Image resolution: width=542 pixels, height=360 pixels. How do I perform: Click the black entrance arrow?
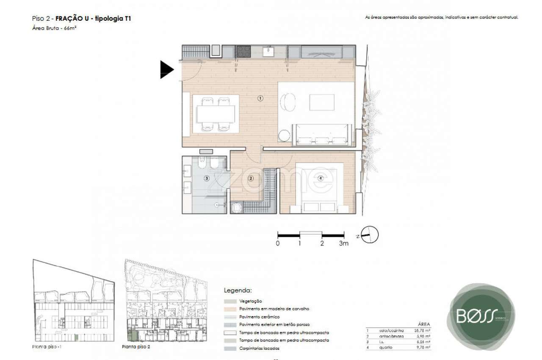[x=166, y=70]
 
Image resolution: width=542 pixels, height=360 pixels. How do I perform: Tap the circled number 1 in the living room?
[x=260, y=98]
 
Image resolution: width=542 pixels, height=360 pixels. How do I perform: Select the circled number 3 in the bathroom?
[x=207, y=178]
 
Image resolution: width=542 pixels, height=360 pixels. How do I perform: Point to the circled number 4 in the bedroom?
[x=320, y=178]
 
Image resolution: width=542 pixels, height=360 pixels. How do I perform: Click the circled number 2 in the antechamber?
[x=250, y=178]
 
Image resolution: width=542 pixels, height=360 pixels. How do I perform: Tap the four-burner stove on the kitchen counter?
[x=243, y=52]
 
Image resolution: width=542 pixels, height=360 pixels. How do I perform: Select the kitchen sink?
[x=268, y=52]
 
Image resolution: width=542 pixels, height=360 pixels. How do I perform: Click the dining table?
[x=216, y=114]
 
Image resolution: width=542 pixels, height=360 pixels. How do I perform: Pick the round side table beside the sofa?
[x=285, y=136]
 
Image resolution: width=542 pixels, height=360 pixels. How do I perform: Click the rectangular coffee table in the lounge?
[x=321, y=102]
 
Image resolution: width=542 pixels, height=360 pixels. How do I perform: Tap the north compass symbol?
[x=370, y=235]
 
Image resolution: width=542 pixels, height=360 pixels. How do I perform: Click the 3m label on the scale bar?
[x=343, y=244]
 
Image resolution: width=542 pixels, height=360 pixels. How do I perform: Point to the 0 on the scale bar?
[x=277, y=244]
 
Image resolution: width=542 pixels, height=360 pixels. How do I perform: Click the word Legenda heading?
[x=237, y=291]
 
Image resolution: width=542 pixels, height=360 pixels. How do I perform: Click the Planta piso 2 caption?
[x=136, y=346]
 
